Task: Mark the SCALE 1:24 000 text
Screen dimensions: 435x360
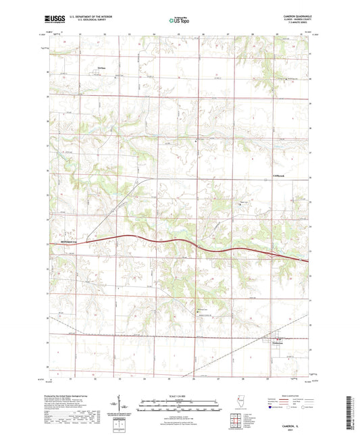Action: (180, 396)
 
